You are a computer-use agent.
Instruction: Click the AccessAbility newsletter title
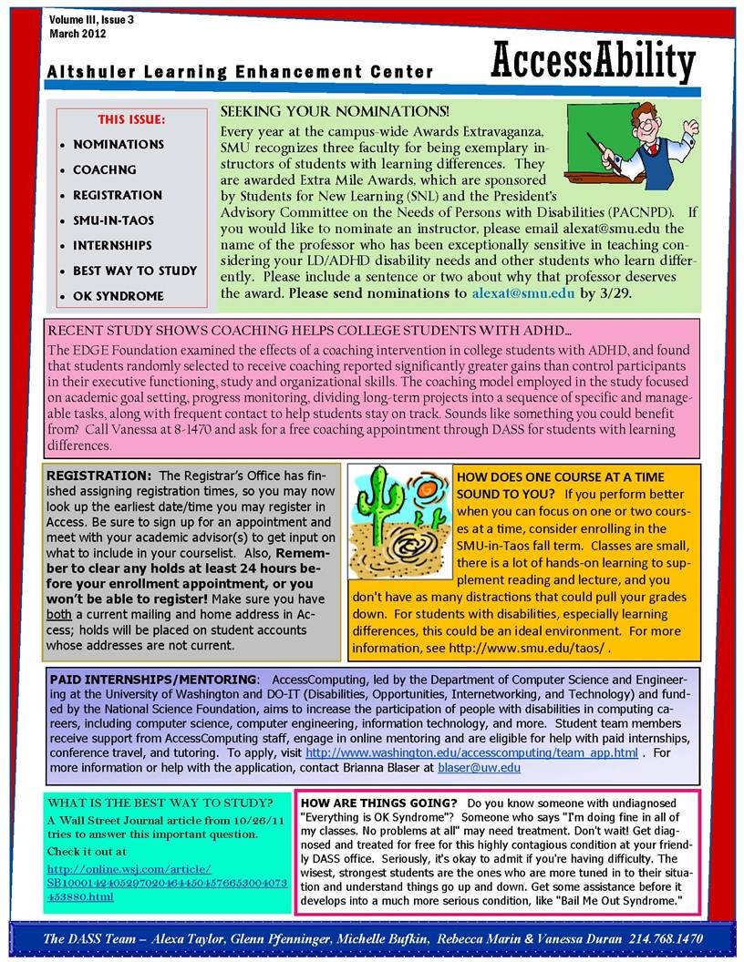pos(593,62)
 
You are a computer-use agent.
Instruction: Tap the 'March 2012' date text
pos(78,34)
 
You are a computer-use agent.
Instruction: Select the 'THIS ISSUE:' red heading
pos(131,119)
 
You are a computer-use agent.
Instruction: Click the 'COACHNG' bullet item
pos(105,169)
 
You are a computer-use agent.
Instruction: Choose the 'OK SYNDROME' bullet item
pos(119,296)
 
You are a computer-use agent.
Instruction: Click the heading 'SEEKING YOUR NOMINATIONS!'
pos(335,111)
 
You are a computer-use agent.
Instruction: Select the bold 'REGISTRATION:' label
pos(99,476)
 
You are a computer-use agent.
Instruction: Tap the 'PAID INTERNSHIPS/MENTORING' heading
pos(153,680)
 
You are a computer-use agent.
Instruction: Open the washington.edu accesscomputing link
pos(471,753)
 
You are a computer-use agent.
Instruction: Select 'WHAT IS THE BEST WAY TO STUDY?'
pos(160,803)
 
